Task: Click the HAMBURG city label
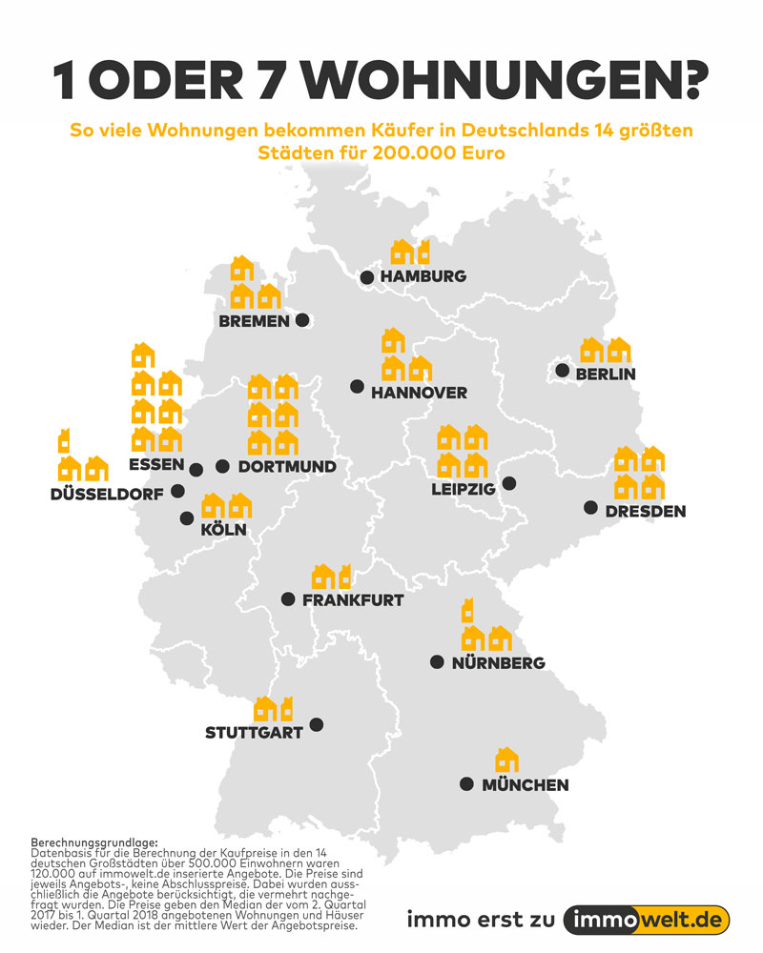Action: tap(423, 276)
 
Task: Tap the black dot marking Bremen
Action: tap(302, 320)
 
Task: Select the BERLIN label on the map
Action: tap(605, 375)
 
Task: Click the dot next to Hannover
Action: tap(357, 387)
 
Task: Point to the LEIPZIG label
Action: tap(463, 489)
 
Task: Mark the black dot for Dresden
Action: tap(590, 507)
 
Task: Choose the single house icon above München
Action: tap(506, 760)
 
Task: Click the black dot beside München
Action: tap(466, 784)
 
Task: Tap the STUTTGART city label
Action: tap(254, 733)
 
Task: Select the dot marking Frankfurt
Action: tap(287, 599)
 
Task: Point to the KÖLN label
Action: tap(224, 530)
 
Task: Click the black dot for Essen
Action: tap(196, 469)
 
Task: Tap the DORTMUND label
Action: tap(287, 467)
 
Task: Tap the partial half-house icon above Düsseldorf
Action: tap(64, 440)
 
